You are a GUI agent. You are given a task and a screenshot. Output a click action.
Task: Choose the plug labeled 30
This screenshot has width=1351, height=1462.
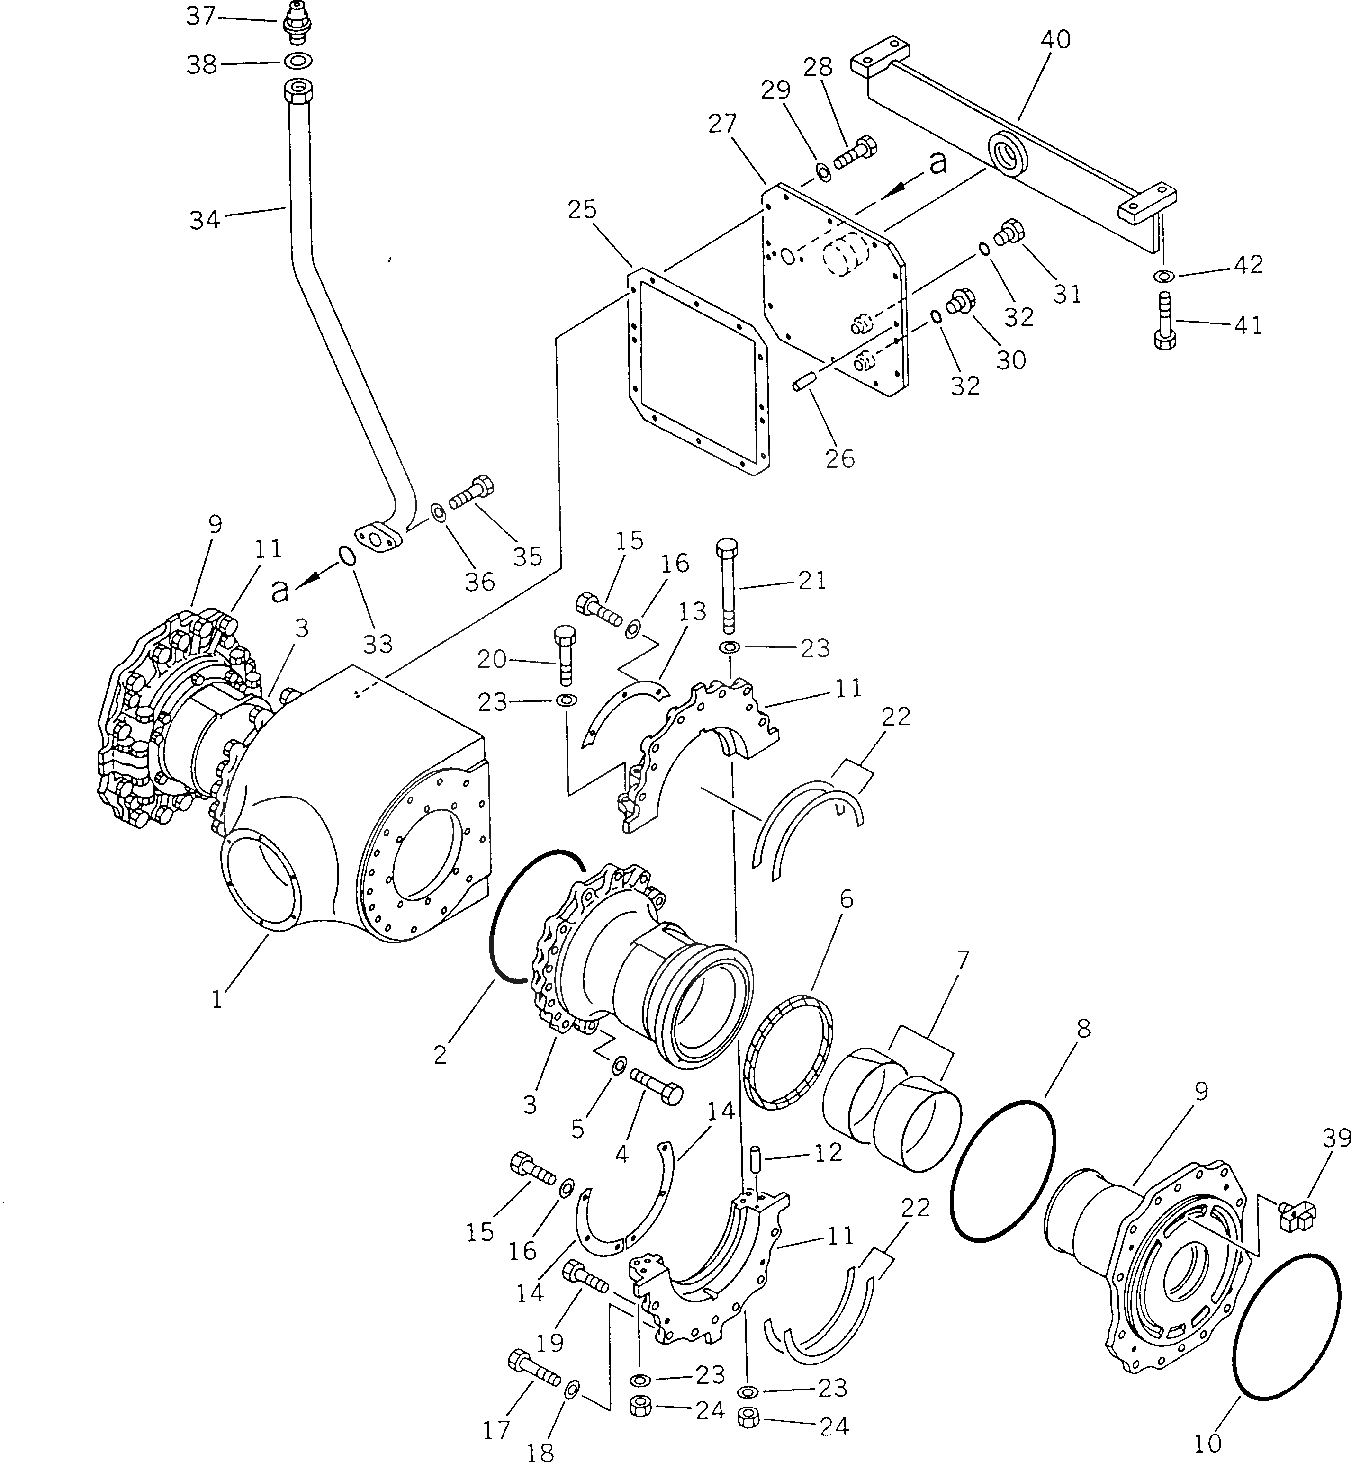(958, 302)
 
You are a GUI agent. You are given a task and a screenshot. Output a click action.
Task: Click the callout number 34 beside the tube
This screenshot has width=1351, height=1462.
(204, 219)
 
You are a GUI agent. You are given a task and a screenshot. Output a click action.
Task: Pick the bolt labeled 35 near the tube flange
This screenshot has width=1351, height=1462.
(471, 493)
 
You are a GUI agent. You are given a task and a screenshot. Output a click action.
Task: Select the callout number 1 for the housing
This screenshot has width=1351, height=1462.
(216, 999)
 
